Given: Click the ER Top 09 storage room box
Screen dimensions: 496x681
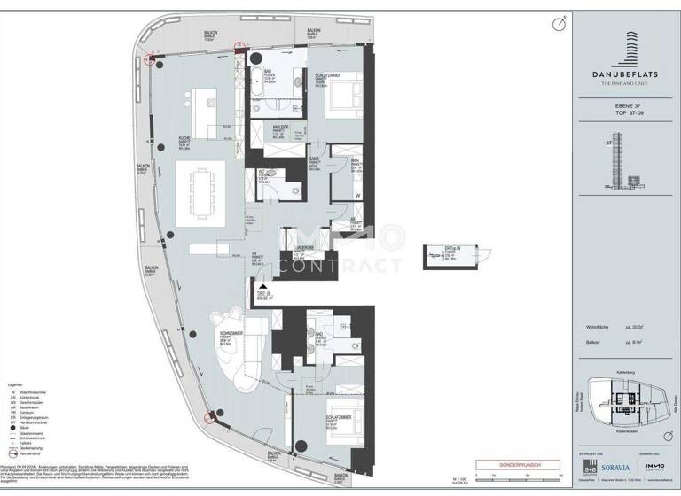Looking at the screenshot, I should [451, 253].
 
